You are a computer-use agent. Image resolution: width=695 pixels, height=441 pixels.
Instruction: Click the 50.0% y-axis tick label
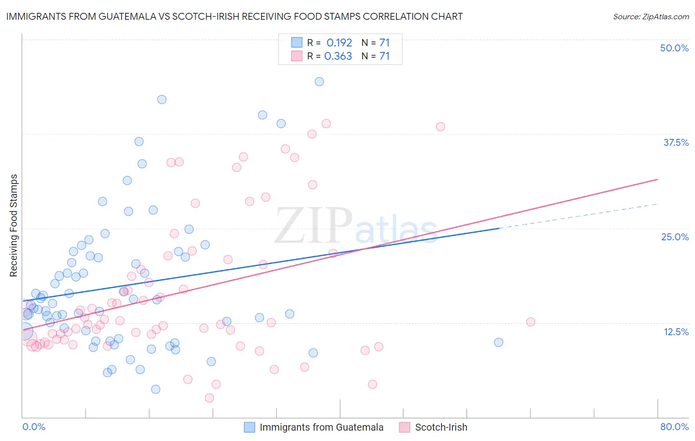[x=674, y=48]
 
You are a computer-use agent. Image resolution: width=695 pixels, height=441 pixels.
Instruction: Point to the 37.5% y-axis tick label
[x=676, y=142]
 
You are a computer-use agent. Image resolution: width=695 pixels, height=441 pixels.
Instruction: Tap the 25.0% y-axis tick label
[x=675, y=237]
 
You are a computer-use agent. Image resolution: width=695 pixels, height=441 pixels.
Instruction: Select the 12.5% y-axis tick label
[x=676, y=332]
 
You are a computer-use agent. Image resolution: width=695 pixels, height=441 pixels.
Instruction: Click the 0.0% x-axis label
[x=34, y=427]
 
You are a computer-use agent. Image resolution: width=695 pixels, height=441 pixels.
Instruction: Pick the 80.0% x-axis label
[x=674, y=427]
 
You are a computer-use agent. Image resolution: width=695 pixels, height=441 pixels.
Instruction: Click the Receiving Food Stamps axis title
[x=14, y=225]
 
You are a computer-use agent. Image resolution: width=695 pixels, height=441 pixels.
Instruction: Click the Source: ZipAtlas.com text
[x=651, y=16]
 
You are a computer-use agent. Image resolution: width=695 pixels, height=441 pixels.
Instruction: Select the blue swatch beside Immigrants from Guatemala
[x=250, y=427]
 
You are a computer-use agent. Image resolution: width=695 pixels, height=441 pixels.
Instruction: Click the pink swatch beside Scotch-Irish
[x=405, y=427]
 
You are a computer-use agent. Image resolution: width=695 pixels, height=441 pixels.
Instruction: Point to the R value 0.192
[x=339, y=43]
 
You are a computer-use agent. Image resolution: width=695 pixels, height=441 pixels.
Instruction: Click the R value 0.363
[x=338, y=56]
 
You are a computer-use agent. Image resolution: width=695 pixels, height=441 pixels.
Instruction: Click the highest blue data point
[x=319, y=82]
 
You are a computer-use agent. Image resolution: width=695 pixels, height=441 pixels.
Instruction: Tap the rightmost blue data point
[x=498, y=342]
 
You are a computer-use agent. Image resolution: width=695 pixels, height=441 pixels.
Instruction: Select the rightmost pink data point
[x=530, y=322]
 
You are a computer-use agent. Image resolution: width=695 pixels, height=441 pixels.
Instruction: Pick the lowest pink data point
[x=209, y=398]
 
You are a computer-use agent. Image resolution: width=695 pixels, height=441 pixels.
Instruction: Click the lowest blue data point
[x=155, y=389]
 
